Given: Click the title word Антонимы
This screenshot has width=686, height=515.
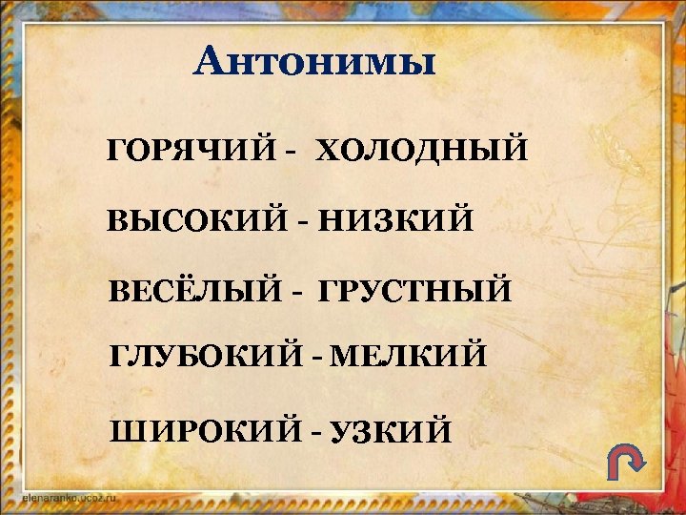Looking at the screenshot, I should (314, 64).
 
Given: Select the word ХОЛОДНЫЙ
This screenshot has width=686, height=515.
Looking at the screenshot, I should (421, 151).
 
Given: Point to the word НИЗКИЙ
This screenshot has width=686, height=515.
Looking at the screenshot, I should (395, 221).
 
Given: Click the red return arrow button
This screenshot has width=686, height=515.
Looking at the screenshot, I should (626, 464).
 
